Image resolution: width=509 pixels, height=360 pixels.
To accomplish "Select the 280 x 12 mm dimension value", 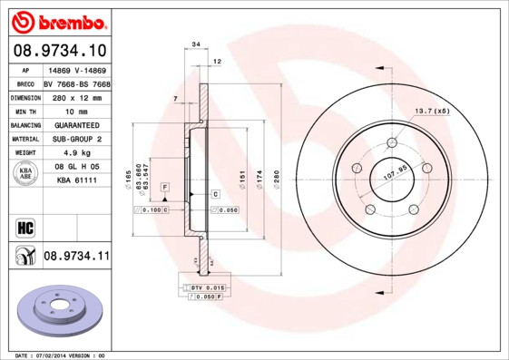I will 76,96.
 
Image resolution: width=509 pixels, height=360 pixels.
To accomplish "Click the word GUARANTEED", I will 76,123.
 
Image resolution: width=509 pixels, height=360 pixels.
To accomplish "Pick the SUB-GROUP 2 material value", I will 76,139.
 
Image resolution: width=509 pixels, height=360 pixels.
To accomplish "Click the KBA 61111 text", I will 76,180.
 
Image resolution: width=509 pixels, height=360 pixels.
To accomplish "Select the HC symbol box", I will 24,226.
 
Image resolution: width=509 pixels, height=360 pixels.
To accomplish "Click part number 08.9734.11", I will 76,258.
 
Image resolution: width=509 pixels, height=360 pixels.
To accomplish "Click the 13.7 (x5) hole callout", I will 433,111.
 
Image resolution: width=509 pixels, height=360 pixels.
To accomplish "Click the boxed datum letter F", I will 165,186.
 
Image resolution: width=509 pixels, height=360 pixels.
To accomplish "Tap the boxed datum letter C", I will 216,195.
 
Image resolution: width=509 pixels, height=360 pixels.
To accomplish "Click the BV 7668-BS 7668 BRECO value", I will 76,83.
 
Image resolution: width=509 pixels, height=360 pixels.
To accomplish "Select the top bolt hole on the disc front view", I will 392,143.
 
